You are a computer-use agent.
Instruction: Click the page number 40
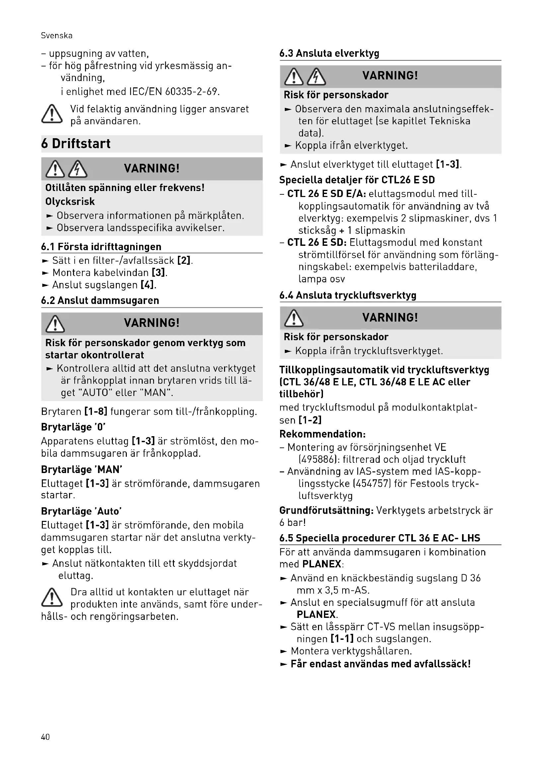(x=45, y=737)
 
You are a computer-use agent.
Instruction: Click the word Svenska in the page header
(x=56, y=36)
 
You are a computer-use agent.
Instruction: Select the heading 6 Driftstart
(x=76, y=144)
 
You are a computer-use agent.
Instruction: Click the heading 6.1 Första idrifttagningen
(x=101, y=247)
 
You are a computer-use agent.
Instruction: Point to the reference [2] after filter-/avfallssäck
(x=184, y=260)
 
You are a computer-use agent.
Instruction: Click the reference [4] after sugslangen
(x=147, y=285)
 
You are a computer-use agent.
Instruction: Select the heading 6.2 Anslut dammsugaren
(x=100, y=301)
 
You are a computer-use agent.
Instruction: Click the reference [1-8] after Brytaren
(x=96, y=412)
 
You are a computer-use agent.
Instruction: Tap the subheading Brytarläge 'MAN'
(x=81, y=469)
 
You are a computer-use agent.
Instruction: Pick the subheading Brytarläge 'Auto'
(x=81, y=511)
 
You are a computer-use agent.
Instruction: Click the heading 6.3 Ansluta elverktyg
(x=329, y=53)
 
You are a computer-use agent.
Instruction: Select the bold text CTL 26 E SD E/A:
(x=327, y=194)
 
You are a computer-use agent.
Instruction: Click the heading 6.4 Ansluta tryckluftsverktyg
(x=348, y=295)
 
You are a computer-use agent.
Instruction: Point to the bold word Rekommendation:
(x=323, y=434)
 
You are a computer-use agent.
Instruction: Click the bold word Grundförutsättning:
(x=326, y=510)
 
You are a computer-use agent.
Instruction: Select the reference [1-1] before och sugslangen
(x=342, y=639)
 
